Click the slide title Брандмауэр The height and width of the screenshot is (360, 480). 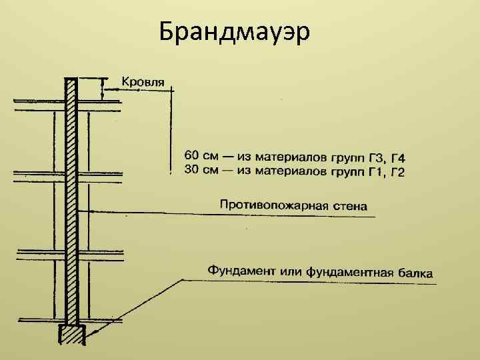pyautogui.click(x=235, y=31)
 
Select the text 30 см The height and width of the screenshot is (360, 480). pyautogui.click(x=200, y=171)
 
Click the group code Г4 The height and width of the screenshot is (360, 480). pyautogui.click(x=398, y=159)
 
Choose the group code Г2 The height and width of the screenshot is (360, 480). pyautogui.click(x=398, y=173)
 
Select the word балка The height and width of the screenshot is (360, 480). pyautogui.click(x=415, y=273)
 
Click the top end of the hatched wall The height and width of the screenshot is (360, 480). pyautogui.click(x=71, y=81)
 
